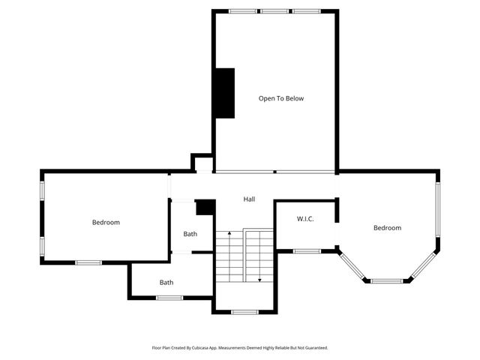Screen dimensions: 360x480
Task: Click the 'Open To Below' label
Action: tap(281, 98)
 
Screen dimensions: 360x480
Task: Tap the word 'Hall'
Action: tap(249, 199)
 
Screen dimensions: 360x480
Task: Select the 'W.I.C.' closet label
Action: tap(304, 219)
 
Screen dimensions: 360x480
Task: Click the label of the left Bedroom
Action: tap(106, 222)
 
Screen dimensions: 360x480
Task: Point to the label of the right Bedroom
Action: tap(387, 227)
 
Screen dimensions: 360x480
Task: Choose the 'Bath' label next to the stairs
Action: tap(190, 234)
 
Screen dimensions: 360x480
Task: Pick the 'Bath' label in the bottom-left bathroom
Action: tap(166, 283)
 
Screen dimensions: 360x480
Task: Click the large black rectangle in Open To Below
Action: tap(224, 93)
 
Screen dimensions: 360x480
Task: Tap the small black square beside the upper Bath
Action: tap(205, 207)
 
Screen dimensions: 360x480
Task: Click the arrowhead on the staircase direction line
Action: tap(259, 280)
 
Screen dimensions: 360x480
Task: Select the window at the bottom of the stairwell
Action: tap(244, 312)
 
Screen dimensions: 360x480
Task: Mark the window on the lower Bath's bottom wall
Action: tap(169, 298)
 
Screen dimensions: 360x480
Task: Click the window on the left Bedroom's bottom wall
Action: tap(88, 262)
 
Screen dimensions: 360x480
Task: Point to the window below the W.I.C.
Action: tap(307, 251)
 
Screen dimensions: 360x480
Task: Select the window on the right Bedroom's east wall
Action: tap(439, 211)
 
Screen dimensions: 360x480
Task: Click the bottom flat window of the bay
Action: tap(387, 281)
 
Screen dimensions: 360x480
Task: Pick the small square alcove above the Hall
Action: tap(202, 163)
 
